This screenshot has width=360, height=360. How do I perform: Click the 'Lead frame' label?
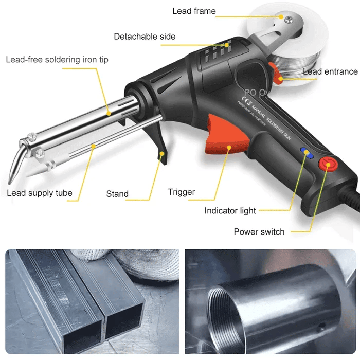coord(194,11)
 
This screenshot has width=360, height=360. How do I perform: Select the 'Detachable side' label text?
coord(145,37)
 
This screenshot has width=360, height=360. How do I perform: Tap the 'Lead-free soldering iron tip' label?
coord(57,59)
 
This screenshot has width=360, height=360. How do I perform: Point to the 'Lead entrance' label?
coord(330,71)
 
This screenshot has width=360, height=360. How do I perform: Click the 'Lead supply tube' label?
coord(40,193)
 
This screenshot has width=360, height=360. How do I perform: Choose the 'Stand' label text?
coord(117,194)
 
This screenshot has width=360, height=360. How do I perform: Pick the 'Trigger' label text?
coord(182,192)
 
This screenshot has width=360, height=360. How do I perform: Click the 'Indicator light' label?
coord(230,211)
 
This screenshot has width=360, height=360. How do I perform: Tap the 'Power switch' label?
coord(259,231)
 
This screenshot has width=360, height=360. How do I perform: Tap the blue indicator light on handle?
coord(306,153)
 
